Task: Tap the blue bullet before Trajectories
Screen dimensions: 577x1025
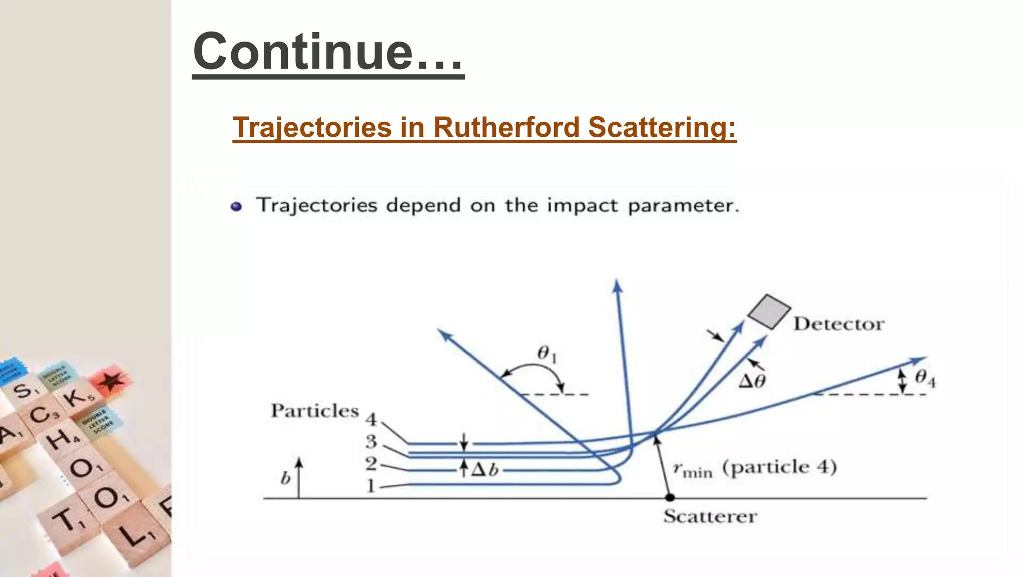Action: [x=236, y=206]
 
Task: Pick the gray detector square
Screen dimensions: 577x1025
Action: [x=769, y=312]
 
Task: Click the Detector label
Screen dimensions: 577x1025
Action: [x=839, y=324]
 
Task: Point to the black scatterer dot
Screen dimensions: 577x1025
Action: [x=670, y=497]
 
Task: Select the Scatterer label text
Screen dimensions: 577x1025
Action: [x=710, y=516]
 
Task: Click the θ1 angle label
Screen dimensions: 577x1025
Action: [x=547, y=354]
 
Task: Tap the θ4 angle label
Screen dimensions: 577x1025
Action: [x=925, y=378]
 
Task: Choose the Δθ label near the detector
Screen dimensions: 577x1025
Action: [x=752, y=382]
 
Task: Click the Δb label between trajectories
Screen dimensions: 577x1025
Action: [x=485, y=470]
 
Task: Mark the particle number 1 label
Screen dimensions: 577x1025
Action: [x=370, y=486]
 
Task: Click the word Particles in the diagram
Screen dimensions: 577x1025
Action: [x=315, y=411]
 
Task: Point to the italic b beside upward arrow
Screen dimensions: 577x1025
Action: [x=285, y=479]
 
